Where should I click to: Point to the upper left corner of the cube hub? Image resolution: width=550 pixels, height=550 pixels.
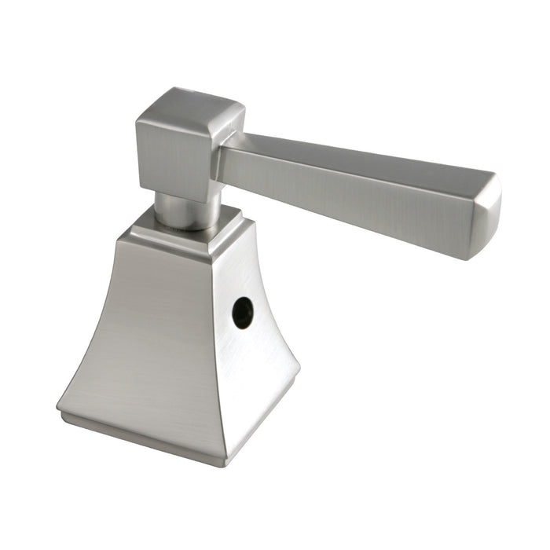(x=138, y=119)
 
